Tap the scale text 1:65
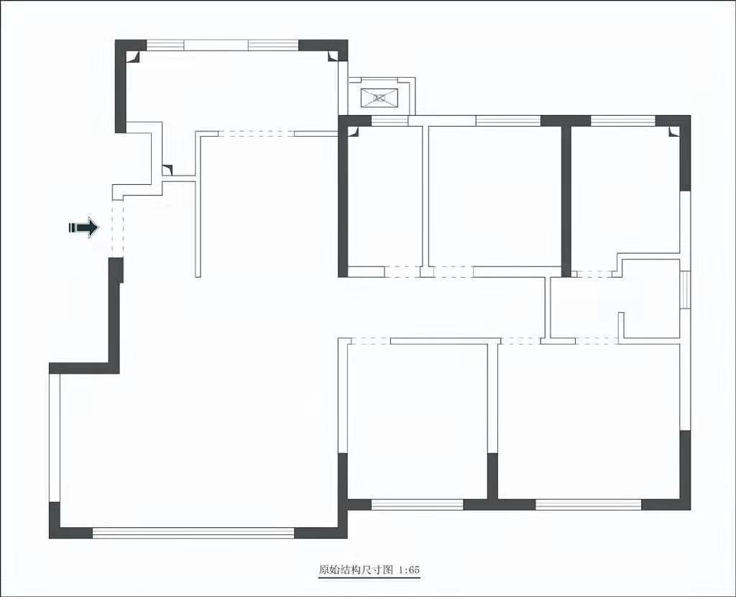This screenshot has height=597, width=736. [x=409, y=570]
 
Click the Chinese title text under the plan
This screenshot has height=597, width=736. [x=355, y=570]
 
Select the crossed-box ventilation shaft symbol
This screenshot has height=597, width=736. [x=379, y=98]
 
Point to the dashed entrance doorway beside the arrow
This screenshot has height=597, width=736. [x=117, y=229]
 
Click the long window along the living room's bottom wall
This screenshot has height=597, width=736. [x=193, y=533]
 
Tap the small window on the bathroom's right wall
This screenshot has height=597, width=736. [x=685, y=290]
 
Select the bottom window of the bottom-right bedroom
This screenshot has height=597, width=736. [x=589, y=504]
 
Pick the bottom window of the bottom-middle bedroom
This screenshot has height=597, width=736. [x=418, y=504]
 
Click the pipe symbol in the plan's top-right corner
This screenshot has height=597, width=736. [x=673, y=132]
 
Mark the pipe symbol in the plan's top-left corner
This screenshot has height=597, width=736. [x=132, y=56]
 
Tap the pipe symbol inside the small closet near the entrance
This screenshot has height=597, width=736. [x=167, y=170]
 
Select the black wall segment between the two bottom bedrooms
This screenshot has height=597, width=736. [x=492, y=476]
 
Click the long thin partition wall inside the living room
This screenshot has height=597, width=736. [x=198, y=204]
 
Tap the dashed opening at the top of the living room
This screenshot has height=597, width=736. [x=257, y=134]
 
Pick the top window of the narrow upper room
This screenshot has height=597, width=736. [x=390, y=121]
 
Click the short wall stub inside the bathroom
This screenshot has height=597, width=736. [x=621, y=325]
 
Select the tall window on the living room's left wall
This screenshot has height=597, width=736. [x=55, y=438]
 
